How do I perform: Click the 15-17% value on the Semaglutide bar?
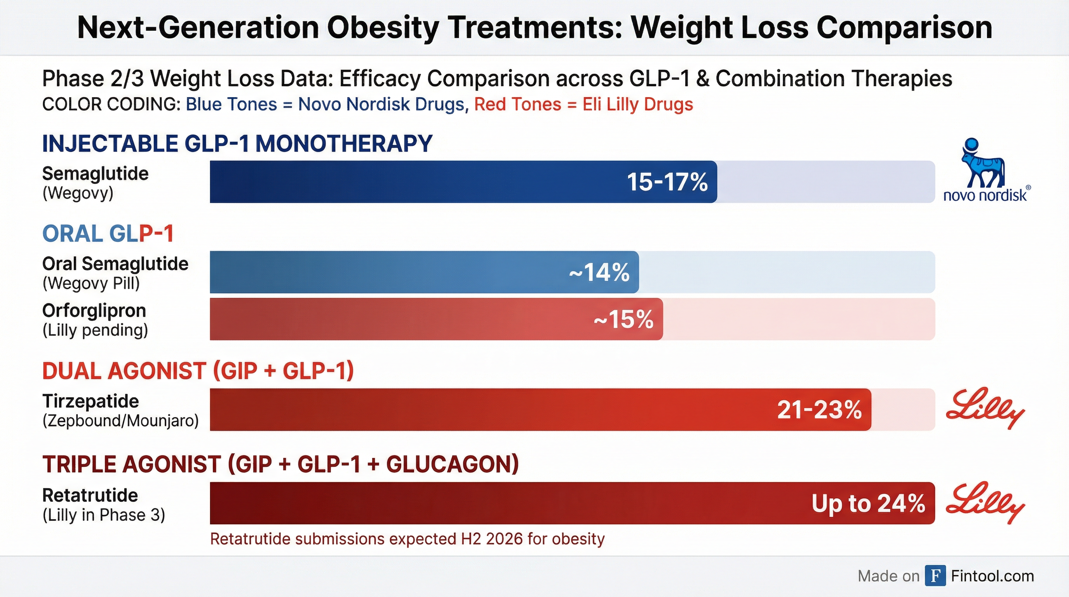tap(667, 182)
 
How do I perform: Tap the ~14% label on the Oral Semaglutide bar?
tap(599, 273)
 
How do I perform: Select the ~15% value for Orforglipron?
tap(623, 319)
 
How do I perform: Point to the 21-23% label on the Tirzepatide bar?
tap(819, 410)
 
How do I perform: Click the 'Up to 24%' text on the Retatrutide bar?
tap(868, 504)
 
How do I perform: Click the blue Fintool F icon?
tap(935, 576)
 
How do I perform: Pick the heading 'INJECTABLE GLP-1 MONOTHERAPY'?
tap(237, 144)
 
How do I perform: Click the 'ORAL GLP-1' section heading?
tap(108, 234)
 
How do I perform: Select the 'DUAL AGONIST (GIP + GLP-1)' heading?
tap(198, 371)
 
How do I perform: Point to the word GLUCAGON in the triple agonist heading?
tap(452, 464)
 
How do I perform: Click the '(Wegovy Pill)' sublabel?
tap(91, 284)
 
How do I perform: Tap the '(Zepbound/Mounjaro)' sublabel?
tap(120, 421)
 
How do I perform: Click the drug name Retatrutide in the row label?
tap(90, 495)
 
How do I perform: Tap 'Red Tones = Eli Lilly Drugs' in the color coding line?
tap(583, 104)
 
